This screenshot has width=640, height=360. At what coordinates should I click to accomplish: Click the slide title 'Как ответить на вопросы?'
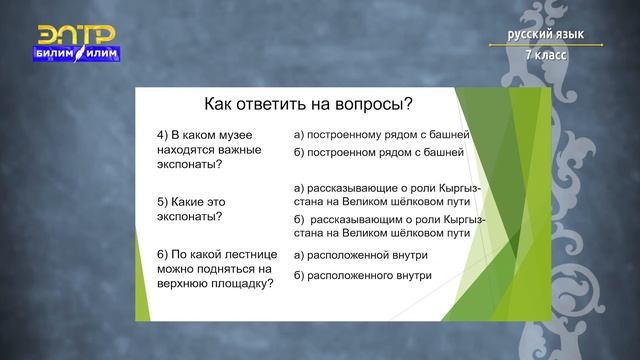pos(308,103)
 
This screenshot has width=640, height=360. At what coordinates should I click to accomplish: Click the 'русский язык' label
pos(545,35)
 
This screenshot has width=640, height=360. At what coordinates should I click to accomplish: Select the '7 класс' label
pos(545,54)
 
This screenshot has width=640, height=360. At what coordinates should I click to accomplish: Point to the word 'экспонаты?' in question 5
pos(190,215)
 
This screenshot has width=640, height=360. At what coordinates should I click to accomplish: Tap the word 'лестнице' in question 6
pos(240,254)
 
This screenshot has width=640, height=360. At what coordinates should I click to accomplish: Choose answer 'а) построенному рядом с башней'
pos(381,133)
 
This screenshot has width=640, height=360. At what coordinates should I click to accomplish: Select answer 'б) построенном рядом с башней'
pos(379,153)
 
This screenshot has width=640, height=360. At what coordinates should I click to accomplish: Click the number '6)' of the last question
pos(164,254)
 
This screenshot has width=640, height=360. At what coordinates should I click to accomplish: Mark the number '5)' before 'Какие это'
pos(164,200)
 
